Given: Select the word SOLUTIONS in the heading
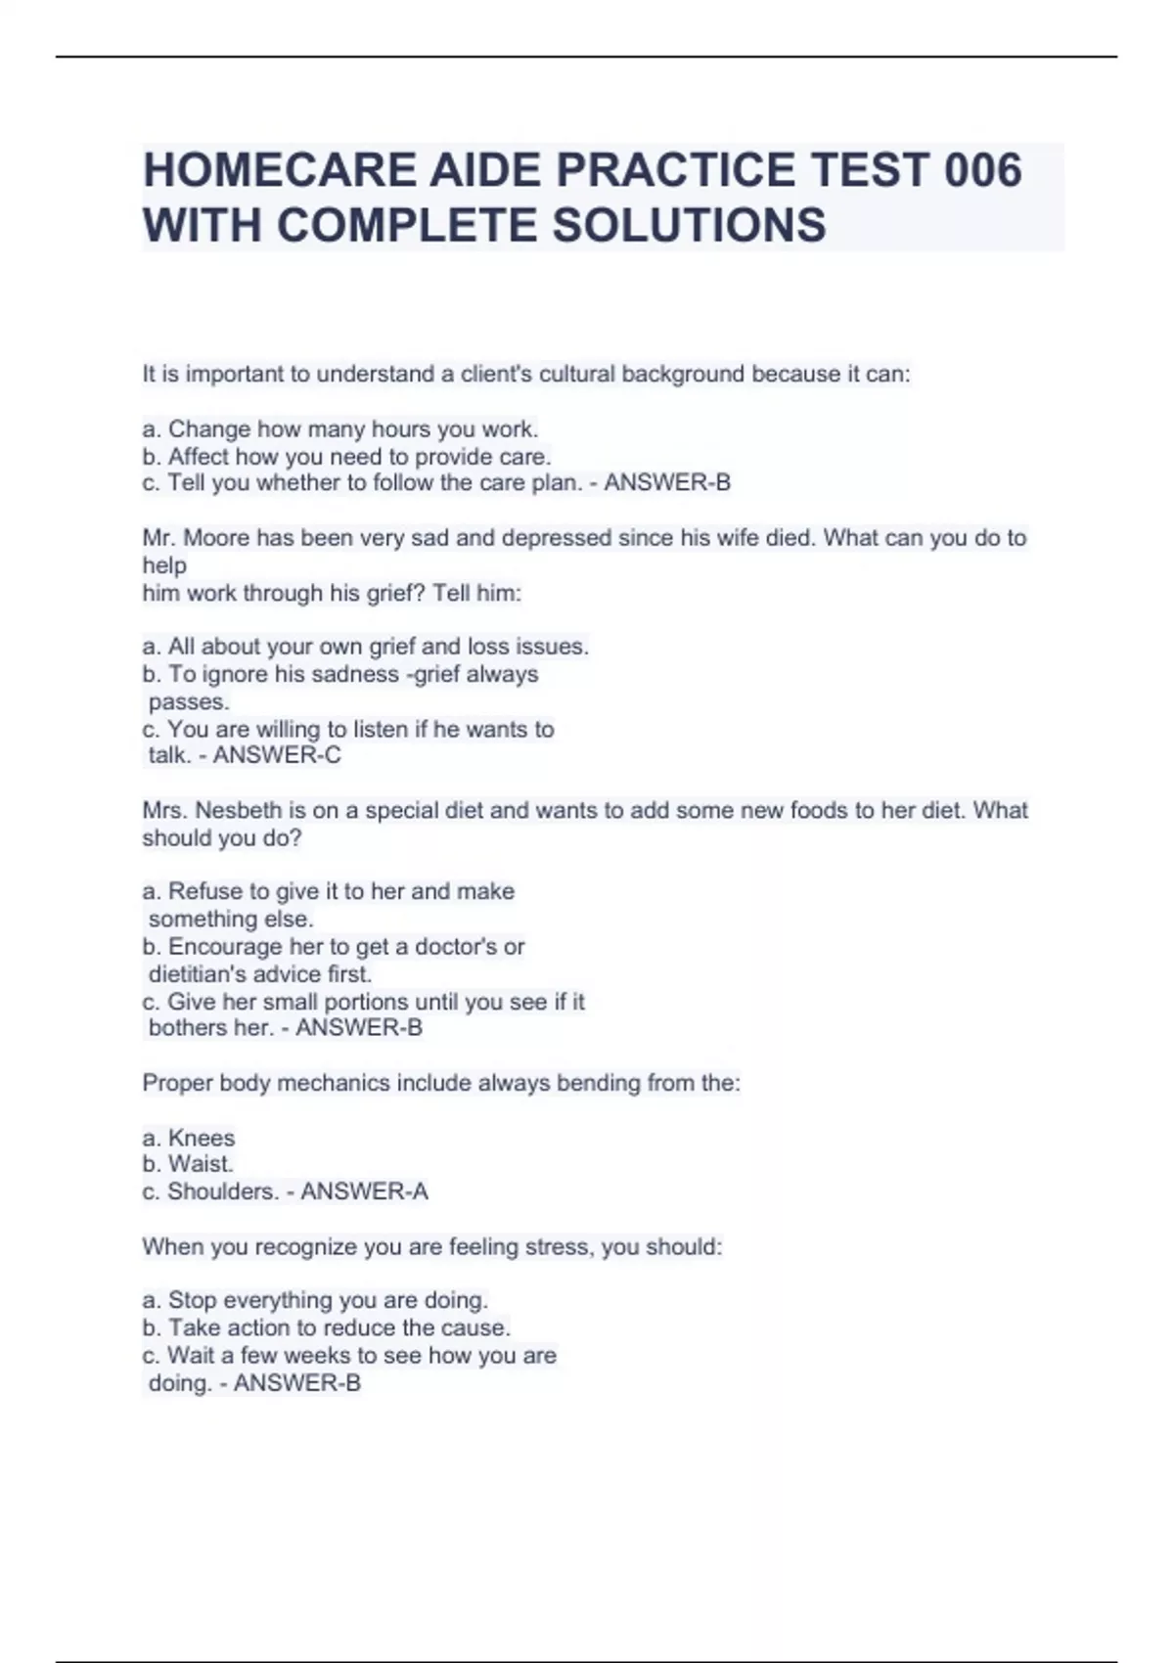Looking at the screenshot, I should tap(690, 225).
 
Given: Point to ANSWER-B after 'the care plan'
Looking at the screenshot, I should tap(667, 482).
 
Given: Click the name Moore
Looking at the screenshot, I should tap(216, 538).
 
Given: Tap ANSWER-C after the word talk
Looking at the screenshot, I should tap(277, 754).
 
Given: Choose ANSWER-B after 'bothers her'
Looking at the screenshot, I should tap(359, 1027).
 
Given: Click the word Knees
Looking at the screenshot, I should tap(202, 1138).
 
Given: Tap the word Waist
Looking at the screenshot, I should tap(201, 1164).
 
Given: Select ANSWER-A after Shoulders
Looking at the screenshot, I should tap(364, 1191).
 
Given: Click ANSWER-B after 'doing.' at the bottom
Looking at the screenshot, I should tap(297, 1382).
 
